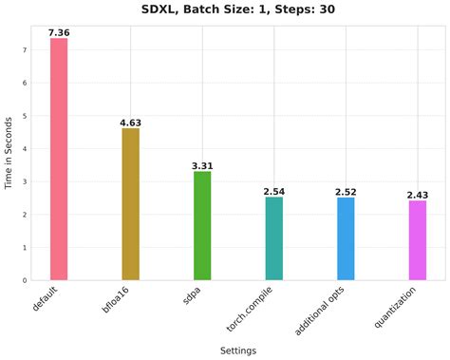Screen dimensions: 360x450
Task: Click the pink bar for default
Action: click(59, 159)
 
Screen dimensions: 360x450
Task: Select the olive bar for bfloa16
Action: click(130, 204)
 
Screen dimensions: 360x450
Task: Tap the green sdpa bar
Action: click(202, 226)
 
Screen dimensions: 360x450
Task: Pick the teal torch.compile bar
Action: click(273, 238)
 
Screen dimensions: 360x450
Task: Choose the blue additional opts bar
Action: click(346, 238)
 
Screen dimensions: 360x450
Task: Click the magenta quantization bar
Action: click(417, 240)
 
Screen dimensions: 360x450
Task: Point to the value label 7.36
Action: click(59, 33)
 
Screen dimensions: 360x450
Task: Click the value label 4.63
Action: click(130, 123)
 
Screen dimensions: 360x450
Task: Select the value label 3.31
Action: click(202, 166)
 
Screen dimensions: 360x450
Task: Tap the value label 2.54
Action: click(273, 192)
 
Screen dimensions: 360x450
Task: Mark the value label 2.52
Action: click(346, 192)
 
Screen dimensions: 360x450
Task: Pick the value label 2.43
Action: click(417, 195)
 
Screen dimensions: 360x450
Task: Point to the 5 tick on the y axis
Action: click(23, 116)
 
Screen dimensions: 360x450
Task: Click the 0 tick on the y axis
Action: click(23, 280)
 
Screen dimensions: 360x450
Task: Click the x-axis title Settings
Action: click(237, 351)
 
